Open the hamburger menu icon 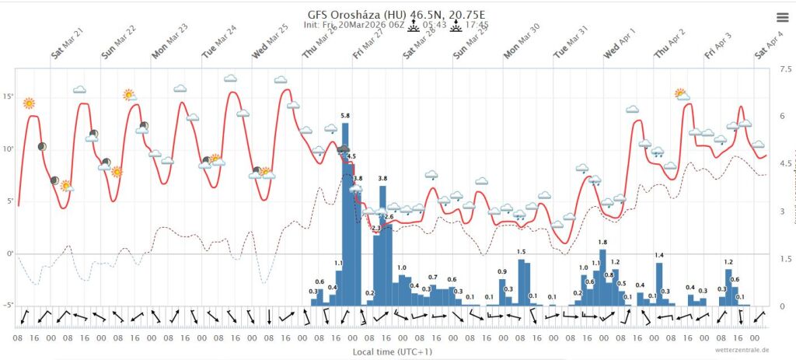pyautogui.click(x=781, y=17)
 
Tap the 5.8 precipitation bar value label pyautogui.click(x=345, y=115)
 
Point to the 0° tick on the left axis pyautogui.click(x=10, y=253)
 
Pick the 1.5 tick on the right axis pyautogui.click(x=785, y=258)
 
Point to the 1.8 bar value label pyautogui.click(x=602, y=243)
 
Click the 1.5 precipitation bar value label pyautogui.click(x=521, y=252)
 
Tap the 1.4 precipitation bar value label pyautogui.click(x=659, y=256)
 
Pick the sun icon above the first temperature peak pyautogui.click(x=29, y=103)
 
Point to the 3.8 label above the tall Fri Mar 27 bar pyautogui.click(x=382, y=179)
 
